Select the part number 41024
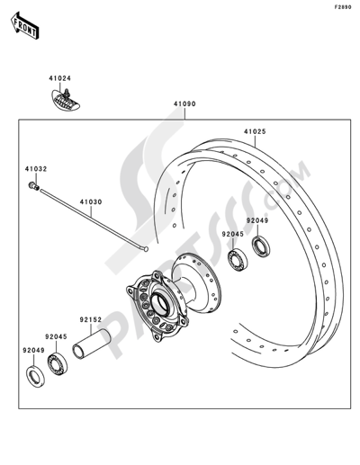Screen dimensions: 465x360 pyautogui.click(x=60, y=78)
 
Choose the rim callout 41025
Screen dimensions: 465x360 pyautogui.click(x=255, y=132)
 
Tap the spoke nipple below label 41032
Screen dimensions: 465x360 pyautogui.click(x=33, y=186)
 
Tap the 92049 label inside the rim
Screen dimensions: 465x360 pyautogui.click(x=258, y=220)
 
